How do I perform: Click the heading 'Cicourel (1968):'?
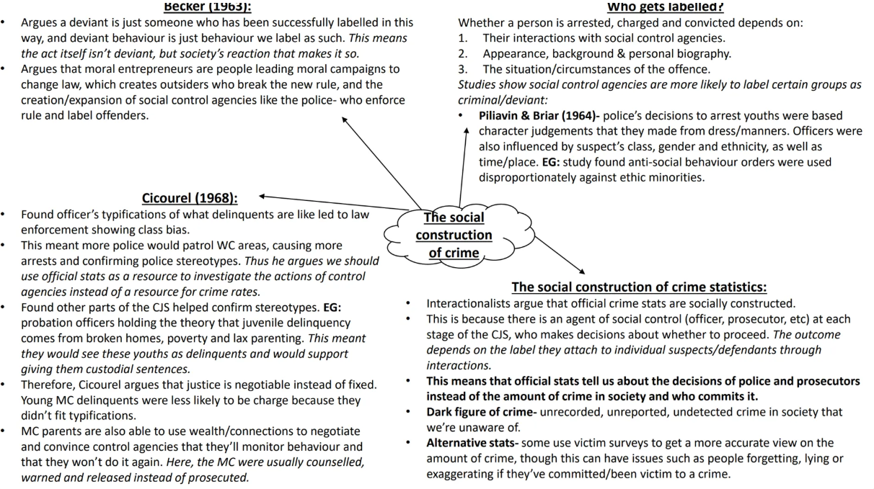(190, 198)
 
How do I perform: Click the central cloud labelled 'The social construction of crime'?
(454, 235)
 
